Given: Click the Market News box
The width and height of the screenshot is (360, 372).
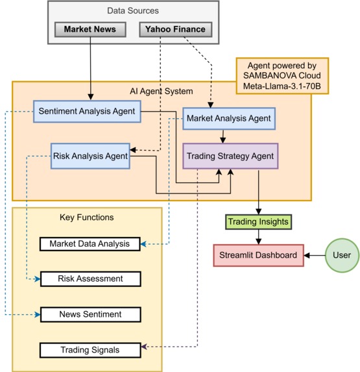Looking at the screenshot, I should pos(90,29).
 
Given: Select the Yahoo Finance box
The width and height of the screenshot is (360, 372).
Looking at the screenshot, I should pos(176,29).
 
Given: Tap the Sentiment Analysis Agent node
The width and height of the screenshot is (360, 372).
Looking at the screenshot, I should pos(86,111).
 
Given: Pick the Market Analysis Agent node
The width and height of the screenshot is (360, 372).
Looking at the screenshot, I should pos(228,118).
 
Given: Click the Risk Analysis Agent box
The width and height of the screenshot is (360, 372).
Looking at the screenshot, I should pos(90,156).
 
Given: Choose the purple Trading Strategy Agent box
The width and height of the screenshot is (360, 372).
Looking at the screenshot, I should pos(230,156).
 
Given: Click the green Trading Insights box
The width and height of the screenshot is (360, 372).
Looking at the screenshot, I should pos(258,222).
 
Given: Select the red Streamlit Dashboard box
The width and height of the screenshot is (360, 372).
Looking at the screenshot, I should pos(258,255).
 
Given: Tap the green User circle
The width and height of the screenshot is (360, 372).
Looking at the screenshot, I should pos(341,255).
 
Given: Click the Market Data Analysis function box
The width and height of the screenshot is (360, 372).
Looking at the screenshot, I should pos(90,244).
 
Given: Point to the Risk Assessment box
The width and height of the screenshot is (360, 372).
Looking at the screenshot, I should pos(90,279).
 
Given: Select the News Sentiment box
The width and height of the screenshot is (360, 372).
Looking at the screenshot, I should pos(90,314).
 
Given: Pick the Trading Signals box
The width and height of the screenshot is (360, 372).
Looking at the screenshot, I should pos(90,350).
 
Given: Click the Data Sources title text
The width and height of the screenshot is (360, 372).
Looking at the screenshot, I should pos(133,11).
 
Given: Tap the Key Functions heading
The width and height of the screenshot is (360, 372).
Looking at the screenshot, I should pos(86,217).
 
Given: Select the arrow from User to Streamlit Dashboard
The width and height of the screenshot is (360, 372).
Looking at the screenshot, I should pos(315,255).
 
